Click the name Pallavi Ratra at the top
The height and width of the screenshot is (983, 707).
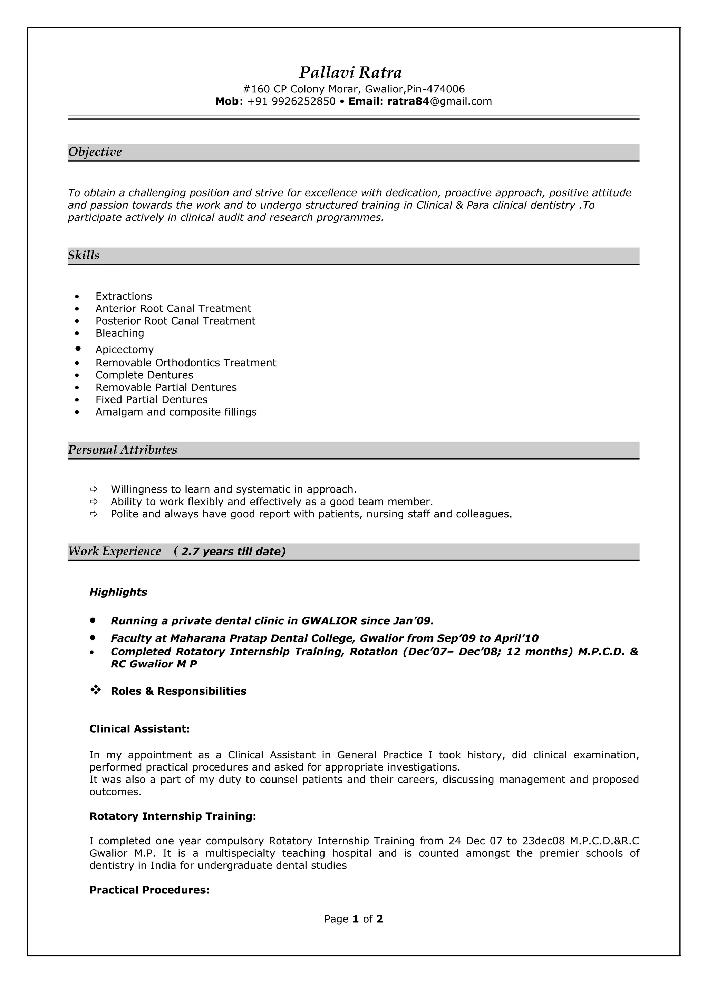click(x=350, y=72)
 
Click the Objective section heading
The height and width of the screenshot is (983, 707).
click(x=95, y=152)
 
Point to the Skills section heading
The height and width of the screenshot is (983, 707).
click(x=84, y=255)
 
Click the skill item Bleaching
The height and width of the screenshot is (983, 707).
click(x=120, y=333)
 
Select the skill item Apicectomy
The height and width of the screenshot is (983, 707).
click(x=125, y=349)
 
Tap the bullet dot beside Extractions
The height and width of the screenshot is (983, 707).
click(x=77, y=297)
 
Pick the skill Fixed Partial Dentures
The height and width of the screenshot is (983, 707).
click(x=151, y=400)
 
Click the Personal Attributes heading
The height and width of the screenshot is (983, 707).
click(x=123, y=450)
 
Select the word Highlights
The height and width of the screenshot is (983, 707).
click(x=118, y=592)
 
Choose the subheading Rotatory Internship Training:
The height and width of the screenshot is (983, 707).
click(x=173, y=816)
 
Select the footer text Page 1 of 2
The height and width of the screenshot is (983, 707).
click(x=353, y=919)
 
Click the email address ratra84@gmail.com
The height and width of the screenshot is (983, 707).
click(x=439, y=101)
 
